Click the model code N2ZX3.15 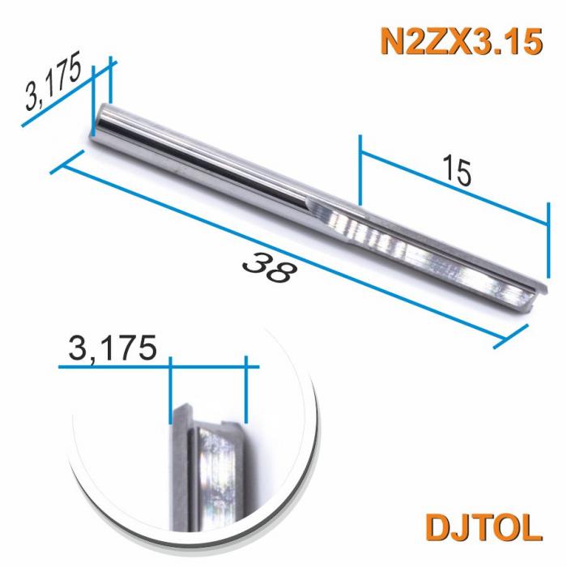[458, 41]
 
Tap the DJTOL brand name [481, 526]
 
